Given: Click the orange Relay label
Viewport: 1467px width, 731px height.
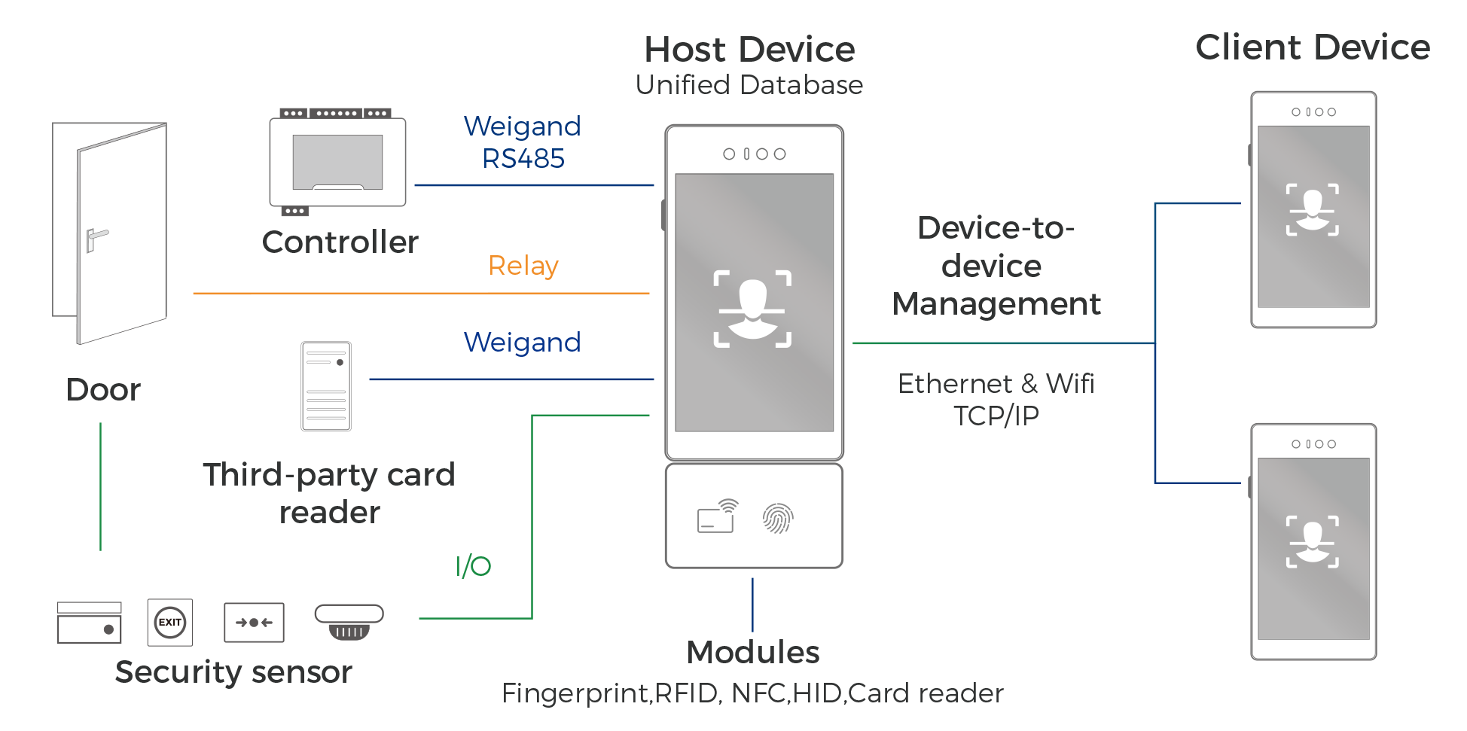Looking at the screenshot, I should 523,266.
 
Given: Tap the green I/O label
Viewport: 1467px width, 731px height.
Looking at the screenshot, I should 473,566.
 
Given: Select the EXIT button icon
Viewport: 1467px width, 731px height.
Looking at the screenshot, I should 170,623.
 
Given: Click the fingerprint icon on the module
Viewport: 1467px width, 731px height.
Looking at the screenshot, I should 778,518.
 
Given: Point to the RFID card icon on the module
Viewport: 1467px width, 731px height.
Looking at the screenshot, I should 717,516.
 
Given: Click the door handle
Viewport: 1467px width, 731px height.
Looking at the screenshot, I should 96,239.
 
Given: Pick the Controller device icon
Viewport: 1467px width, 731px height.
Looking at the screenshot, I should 337,161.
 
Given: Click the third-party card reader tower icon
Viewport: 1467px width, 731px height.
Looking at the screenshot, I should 326,386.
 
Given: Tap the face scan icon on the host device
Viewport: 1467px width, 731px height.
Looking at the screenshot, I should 752,309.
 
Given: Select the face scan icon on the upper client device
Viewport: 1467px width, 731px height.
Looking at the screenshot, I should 1312,209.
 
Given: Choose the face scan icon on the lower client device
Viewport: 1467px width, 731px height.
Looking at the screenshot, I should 1312,541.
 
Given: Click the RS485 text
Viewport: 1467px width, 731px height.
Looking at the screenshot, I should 523,159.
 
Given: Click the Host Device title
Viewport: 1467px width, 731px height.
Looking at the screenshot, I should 749,50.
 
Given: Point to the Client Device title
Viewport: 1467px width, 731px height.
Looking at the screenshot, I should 1312,47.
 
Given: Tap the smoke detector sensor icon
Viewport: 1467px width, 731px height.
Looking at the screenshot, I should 349,622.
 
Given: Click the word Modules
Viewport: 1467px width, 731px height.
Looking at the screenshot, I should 752,652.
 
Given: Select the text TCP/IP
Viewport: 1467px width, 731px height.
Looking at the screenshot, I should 996,416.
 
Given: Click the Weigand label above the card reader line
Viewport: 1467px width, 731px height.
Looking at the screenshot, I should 522,343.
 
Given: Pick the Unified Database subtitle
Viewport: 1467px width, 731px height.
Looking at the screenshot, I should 749,85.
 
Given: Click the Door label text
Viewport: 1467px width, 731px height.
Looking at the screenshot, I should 103,390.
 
